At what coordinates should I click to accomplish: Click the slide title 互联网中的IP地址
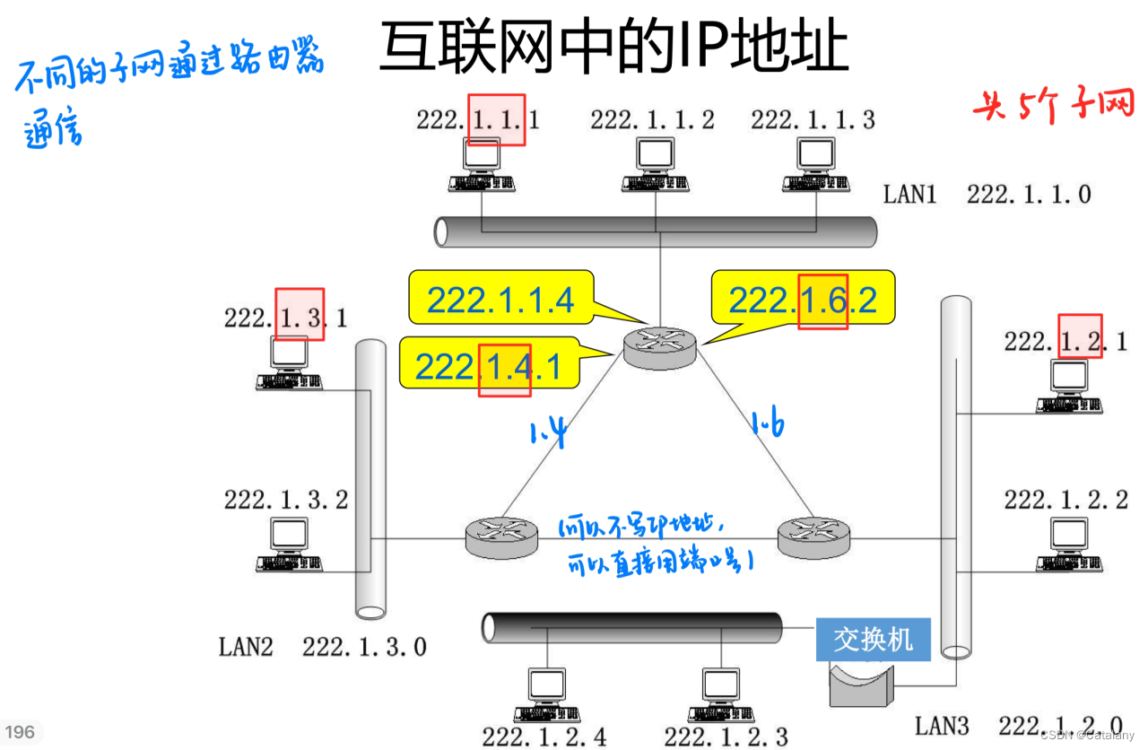[613, 47]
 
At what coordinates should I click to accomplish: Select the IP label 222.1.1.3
[813, 119]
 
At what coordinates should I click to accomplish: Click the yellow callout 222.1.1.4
[500, 299]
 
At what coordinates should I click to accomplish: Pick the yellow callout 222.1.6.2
[803, 299]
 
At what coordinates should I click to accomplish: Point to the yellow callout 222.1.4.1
[488, 367]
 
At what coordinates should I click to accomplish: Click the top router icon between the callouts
[660, 344]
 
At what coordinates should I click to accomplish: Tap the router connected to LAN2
[501, 536]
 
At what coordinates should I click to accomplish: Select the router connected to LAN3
[813, 536]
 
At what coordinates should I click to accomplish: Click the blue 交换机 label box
[873, 640]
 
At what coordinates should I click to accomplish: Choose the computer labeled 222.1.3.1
[289, 362]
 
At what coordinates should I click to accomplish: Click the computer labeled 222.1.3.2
[289, 545]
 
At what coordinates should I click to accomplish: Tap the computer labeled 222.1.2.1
[1069, 386]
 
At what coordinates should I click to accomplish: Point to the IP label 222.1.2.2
[1065, 499]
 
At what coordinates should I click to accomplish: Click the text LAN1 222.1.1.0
[987, 194]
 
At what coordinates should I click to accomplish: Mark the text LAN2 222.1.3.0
[322, 646]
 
